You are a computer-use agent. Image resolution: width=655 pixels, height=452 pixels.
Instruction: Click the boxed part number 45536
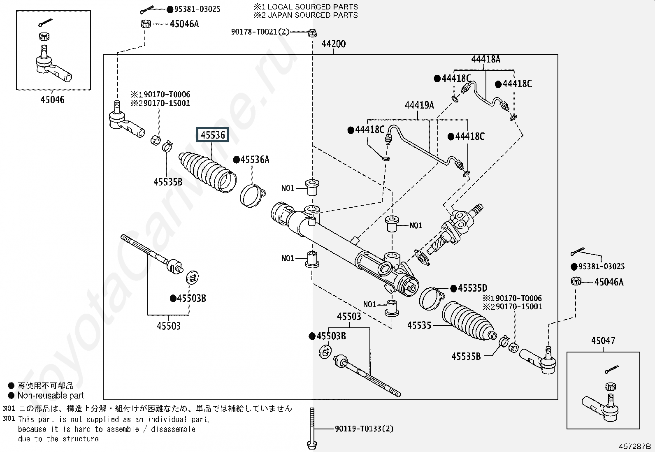tap(213, 135)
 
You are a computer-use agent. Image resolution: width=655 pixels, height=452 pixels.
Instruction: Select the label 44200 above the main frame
tap(333, 44)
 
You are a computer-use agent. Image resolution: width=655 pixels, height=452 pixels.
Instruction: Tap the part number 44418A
tap(485, 59)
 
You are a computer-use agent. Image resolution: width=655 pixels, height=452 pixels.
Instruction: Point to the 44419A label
tap(419, 105)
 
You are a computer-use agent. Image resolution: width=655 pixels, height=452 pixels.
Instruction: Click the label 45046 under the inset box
tap(52, 100)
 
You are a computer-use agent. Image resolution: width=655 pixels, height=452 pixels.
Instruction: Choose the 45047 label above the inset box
tap(603, 341)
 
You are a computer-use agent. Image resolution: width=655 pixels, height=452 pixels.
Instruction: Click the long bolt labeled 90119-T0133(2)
tap(312, 429)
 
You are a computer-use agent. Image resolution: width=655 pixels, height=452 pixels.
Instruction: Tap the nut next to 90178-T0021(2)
tap(312, 33)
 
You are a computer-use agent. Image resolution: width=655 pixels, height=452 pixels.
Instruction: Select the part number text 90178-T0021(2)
tap(260, 32)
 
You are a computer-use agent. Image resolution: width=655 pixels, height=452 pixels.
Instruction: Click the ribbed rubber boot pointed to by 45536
tap(208, 172)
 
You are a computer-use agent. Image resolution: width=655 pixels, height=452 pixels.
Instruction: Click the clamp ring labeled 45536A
tap(252, 196)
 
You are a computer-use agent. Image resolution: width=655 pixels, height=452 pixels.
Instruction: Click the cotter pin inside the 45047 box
tap(612, 369)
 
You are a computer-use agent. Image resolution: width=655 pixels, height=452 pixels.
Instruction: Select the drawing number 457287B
tap(634, 446)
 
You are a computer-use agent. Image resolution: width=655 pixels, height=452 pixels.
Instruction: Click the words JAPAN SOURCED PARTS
tap(312, 15)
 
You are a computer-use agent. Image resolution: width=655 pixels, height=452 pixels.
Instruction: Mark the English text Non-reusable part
tap(51, 395)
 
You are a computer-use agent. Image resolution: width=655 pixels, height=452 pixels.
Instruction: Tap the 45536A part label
tap(255, 160)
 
